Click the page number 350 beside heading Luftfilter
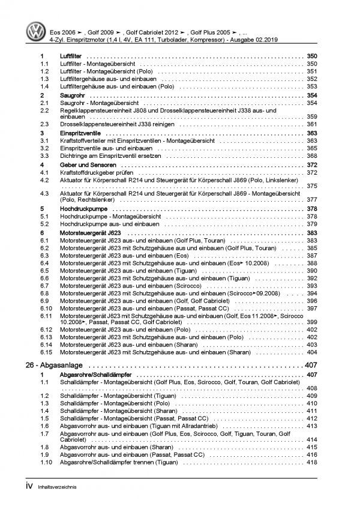[x=311, y=55]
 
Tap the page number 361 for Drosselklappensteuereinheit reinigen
[x=311, y=124]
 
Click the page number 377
[x=311, y=200]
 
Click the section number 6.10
[x=46, y=308]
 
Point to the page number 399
[x=311, y=323]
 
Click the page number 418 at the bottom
[x=311, y=463]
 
